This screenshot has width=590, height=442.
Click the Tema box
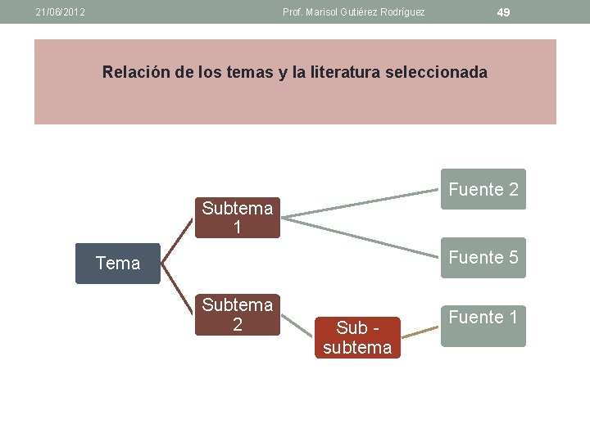118,263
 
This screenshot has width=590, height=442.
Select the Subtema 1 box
238,218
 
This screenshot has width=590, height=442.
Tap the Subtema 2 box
238,314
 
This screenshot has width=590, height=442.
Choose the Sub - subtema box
357,337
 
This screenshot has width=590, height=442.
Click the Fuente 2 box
483,189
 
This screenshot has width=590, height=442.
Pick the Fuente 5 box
483,257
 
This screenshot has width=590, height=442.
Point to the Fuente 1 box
483,326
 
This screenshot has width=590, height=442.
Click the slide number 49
504,12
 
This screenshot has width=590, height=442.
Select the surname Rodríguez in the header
402,12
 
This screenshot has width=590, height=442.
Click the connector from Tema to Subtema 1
178,241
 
